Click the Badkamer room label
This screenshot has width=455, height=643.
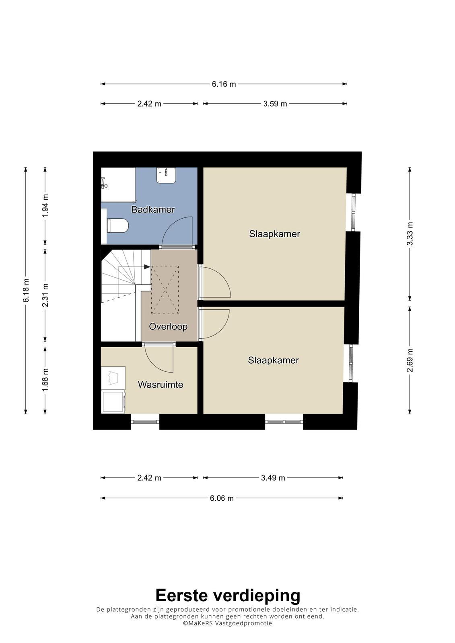pyautogui.click(x=153, y=209)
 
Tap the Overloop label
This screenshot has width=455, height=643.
pyautogui.click(x=168, y=326)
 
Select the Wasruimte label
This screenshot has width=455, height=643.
pyautogui.click(x=161, y=384)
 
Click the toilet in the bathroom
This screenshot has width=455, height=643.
pyautogui.click(x=117, y=226)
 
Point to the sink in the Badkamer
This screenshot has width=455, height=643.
pyautogui.click(x=166, y=175)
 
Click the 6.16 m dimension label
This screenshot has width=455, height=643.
pyautogui.click(x=224, y=84)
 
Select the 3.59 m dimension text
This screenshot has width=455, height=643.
pyautogui.click(x=275, y=104)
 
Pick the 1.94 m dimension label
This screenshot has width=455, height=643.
pyautogui.click(x=45, y=206)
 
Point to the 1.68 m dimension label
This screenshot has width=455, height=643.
pyautogui.click(x=45, y=380)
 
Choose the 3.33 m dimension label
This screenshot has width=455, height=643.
pyautogui.click(x=410, y=233)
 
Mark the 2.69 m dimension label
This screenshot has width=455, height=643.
pyautogui.click(x=410, y=360)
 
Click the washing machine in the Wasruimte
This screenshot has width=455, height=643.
pyautogui.click(x=113, y=401)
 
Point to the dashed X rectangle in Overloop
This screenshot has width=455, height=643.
pyautogui.click(x=165, y=290)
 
